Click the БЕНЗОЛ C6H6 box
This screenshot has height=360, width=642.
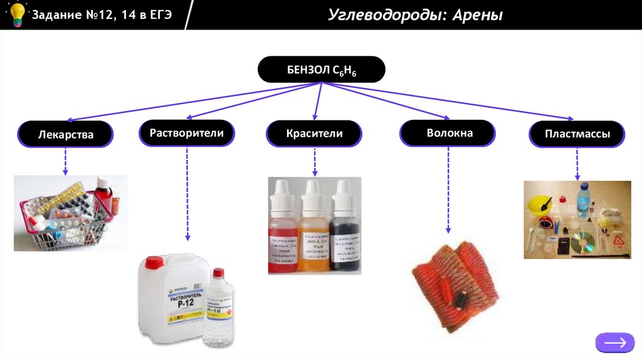click(321, 70)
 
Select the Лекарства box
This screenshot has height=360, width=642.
click(65, 134)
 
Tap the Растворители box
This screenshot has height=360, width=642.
click(187, 132)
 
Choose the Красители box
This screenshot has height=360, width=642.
click(314, 134)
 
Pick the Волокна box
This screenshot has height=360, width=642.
click(448, 133)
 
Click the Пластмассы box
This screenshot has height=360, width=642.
click(577, 134)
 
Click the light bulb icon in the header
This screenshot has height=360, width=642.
click(16, 14)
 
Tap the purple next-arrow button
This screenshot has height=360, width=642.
click(614, 342)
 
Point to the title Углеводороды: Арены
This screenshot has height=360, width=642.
click(416, 14)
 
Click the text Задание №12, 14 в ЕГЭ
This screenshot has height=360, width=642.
click(102, 14)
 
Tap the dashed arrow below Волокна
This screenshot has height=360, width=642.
click(448, 188)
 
